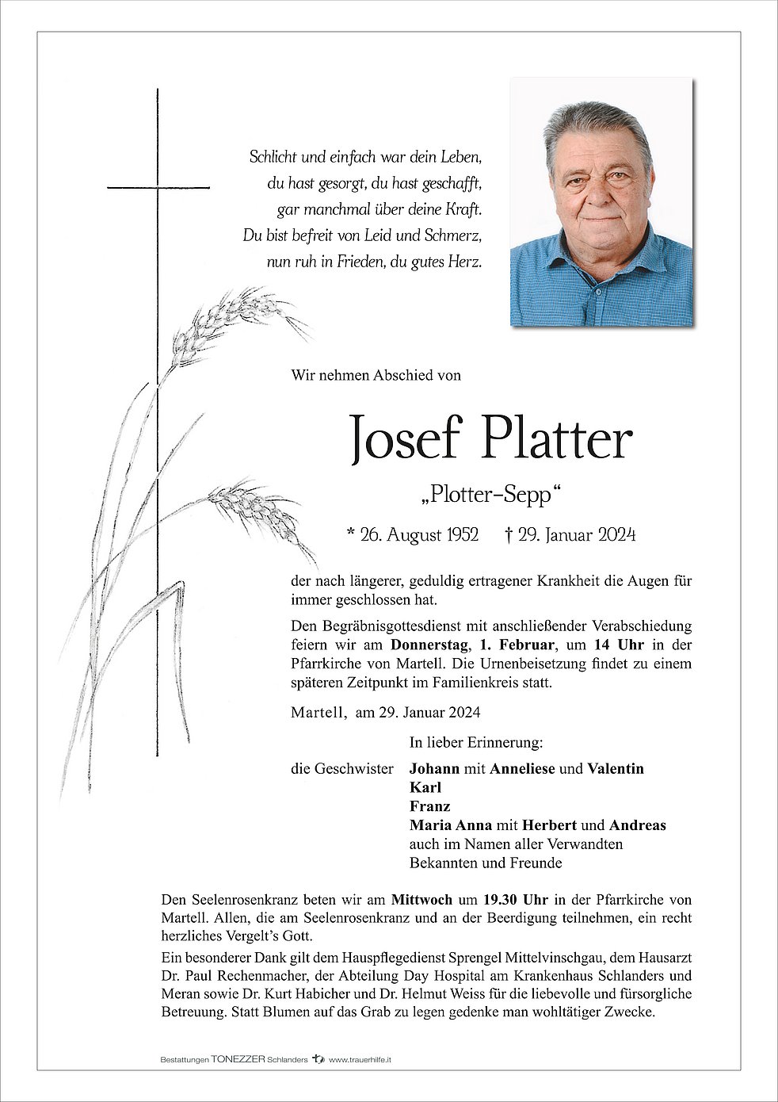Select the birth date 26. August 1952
pos(418,535)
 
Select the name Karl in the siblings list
pos(425,787)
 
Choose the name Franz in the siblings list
pos(429,806)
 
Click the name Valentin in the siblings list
pos(616,768)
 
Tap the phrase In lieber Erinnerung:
pos(476,743)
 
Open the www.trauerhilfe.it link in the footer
pos(361,1058)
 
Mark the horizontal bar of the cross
pos(158,187)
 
